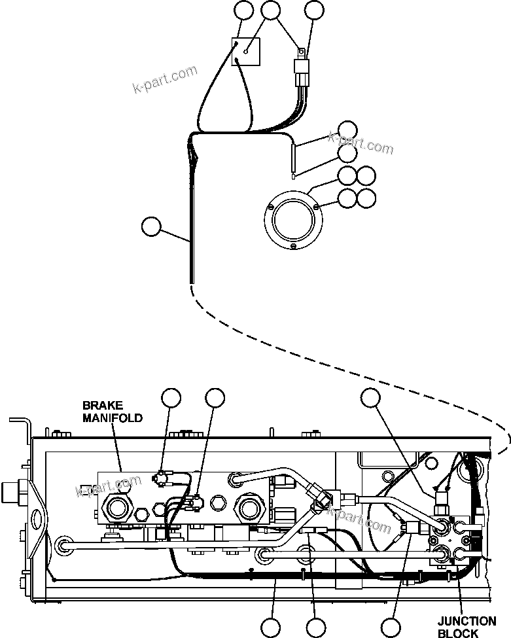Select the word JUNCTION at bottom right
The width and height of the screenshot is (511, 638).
tap(467, 622)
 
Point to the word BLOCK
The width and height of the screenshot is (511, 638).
tap(458, 633)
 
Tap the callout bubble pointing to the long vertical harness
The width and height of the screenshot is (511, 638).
tap(151, 226)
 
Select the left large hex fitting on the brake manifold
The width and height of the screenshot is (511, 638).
tap(118, 508)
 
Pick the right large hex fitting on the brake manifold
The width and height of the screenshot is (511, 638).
tap(249, 508)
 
